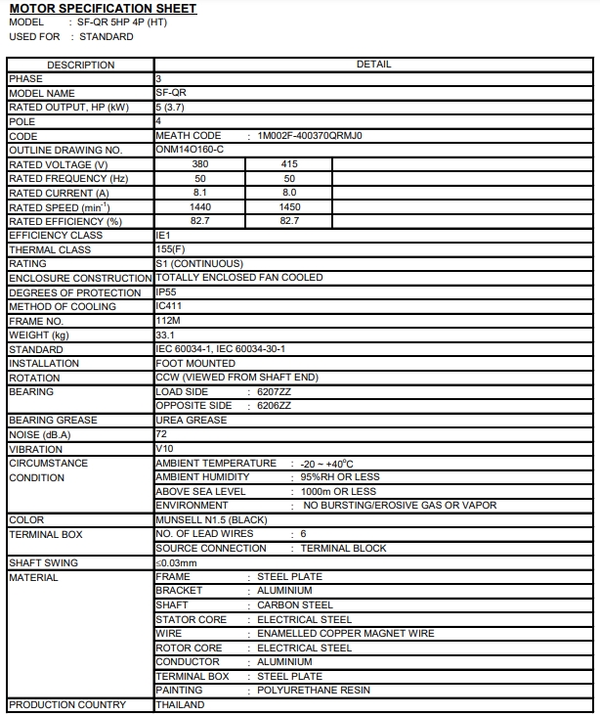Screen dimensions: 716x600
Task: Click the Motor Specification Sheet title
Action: pos(103,9)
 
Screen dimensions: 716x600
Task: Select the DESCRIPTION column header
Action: pos(80,65)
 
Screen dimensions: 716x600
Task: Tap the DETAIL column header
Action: pos(373,65)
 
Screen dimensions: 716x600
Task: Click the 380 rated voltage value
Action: pos(200,164)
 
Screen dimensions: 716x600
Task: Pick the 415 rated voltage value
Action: pos(289,164)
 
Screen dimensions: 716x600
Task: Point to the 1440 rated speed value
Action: pos(200,207)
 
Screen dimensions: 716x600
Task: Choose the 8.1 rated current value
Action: pos(200,193)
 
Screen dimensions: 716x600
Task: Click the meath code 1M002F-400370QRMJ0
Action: pos(310,136)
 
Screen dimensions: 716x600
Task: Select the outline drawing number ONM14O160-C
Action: pos(190,150)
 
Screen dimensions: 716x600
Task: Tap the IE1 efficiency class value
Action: pos(163,236)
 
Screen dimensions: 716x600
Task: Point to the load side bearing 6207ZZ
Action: pos(274,391)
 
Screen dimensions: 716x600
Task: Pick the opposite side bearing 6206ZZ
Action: pos(274,405)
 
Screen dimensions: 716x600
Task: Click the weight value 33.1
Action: pos(165,336)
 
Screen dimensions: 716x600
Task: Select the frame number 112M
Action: pos(168,321)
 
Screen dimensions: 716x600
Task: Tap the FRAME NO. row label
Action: pos(35,321)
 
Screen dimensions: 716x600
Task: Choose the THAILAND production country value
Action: pos(181,704)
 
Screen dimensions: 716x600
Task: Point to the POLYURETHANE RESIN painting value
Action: pos(314,690)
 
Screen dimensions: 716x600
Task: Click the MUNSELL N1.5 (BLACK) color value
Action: pos(211,519)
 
